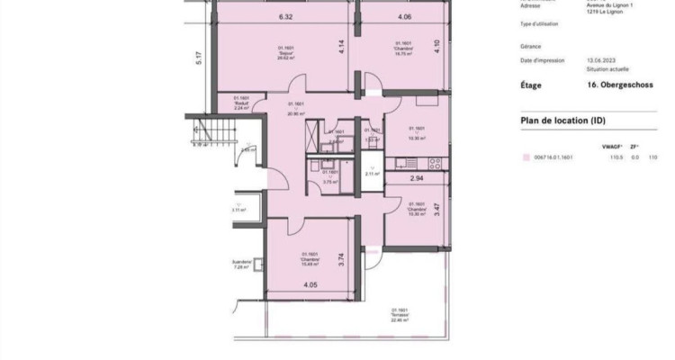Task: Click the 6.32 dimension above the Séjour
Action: [x=287, y=17]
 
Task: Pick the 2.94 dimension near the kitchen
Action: [x=417, y=179]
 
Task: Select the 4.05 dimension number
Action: [x=310, y=285]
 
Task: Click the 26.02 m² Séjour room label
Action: [x=287, y=51]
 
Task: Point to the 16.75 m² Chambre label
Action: [x=403, y=49]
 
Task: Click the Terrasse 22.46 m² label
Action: [x=400, y=312]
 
